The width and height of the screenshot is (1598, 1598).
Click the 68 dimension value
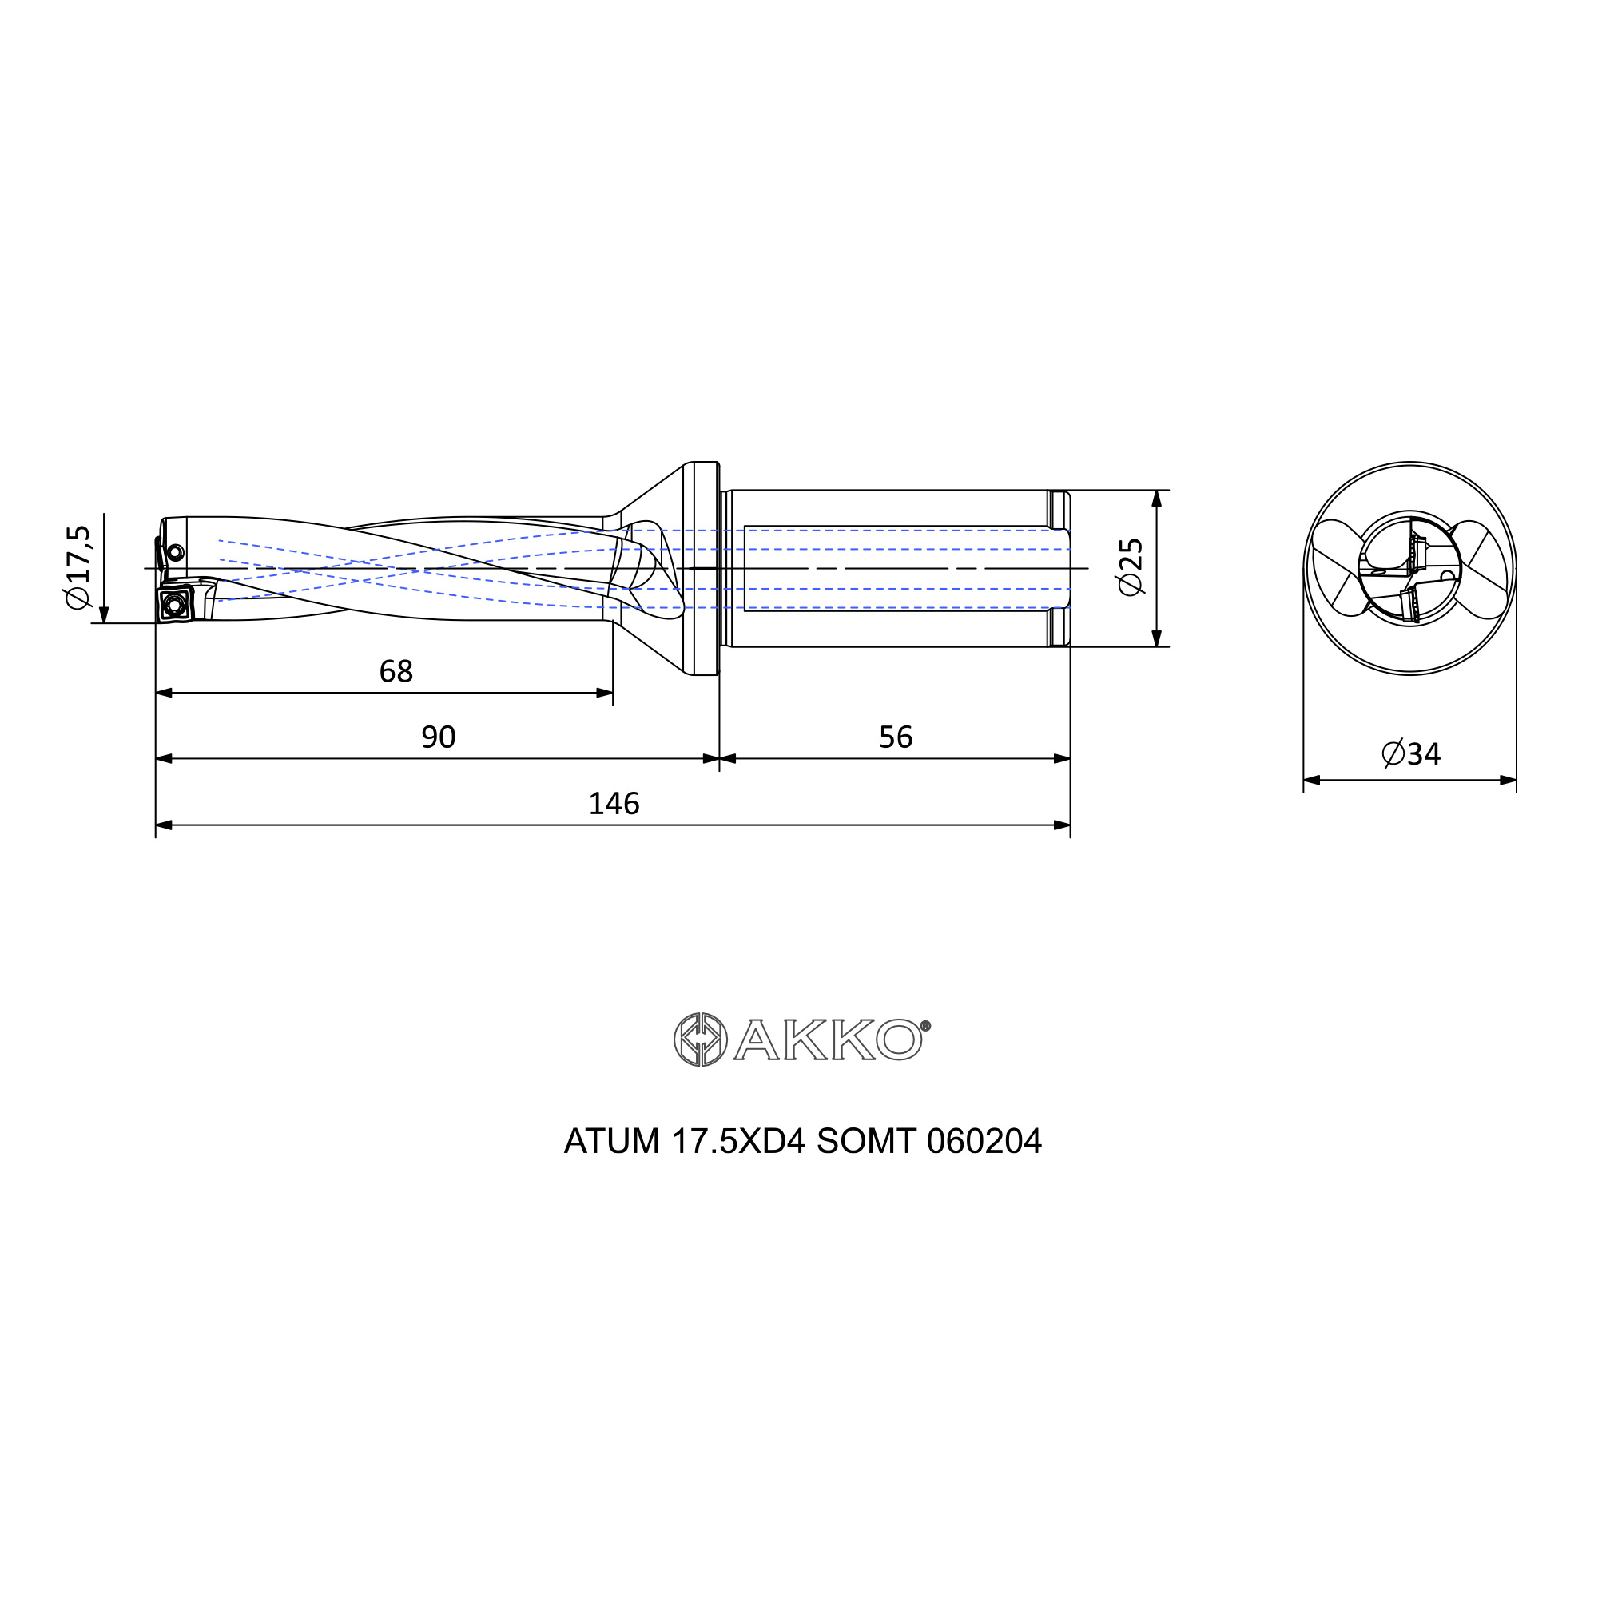[396, 672]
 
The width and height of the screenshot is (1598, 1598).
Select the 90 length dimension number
[439, 737]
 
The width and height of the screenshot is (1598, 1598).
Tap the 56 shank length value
[896, 737]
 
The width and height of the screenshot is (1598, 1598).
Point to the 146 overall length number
[614, 804]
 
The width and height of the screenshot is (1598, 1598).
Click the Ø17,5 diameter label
[78, 566]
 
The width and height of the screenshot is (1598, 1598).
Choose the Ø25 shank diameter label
[1131, 566]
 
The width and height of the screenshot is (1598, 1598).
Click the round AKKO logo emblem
[700, 1039]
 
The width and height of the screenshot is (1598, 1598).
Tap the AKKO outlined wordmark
[831, 1039]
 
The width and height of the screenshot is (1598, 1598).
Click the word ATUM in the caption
[612, 1143]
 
